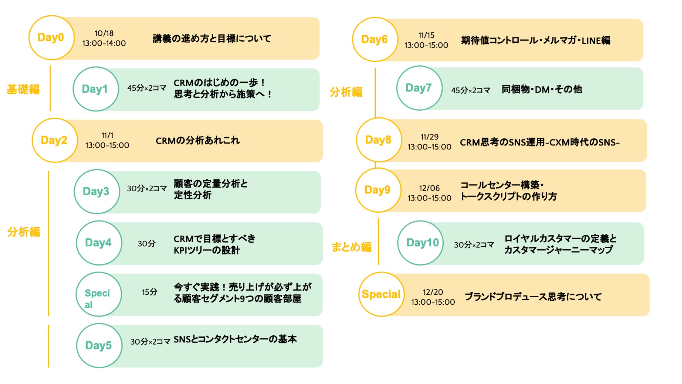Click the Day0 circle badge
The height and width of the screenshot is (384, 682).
[51, 38]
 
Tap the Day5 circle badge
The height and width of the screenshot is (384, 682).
[99, 345]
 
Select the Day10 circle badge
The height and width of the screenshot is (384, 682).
[421, 243]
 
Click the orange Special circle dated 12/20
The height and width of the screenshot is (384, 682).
[381, 294]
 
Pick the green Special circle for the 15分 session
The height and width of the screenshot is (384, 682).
[98, 294]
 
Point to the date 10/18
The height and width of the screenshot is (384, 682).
[104, 33]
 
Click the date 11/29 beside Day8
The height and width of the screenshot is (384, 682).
[429, 137]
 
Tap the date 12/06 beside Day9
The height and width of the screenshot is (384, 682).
[429, 188]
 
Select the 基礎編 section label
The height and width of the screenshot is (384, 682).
[23, 89]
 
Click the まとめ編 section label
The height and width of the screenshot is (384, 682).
[351, 246]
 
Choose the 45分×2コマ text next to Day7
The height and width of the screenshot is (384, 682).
[471, 90]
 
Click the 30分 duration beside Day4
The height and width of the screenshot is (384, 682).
[147, 244]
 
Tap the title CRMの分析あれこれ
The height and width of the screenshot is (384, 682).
[198, 141]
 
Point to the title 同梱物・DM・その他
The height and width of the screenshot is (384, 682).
[542, 89]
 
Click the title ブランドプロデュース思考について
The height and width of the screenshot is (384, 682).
[533, 297]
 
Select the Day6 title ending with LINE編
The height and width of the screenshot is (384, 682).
[536, 41]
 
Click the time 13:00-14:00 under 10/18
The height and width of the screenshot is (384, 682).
[104, 43]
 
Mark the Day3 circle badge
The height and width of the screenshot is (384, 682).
[97, 192]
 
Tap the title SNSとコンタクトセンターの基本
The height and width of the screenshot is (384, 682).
[235, 340]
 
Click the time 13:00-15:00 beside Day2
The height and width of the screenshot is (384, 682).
[107, 145]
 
